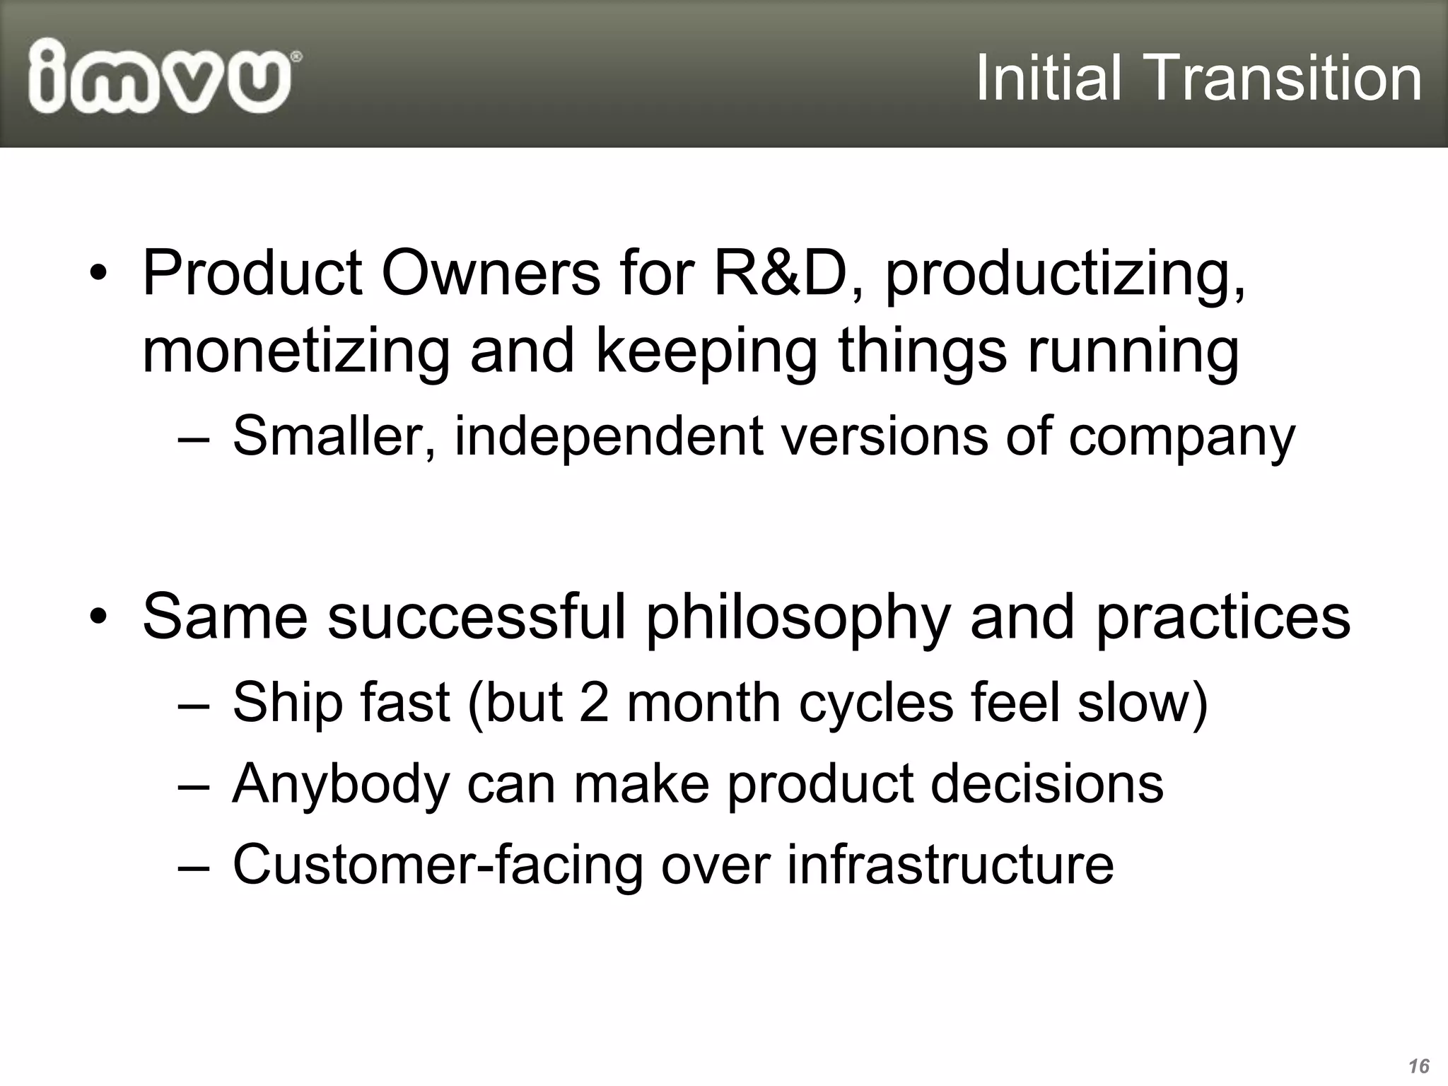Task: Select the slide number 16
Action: [x=1418, y=1066]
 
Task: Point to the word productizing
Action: [x=1064, y=277]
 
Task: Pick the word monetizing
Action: [x=296, y=352]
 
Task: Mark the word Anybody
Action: [x=340, y=785]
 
